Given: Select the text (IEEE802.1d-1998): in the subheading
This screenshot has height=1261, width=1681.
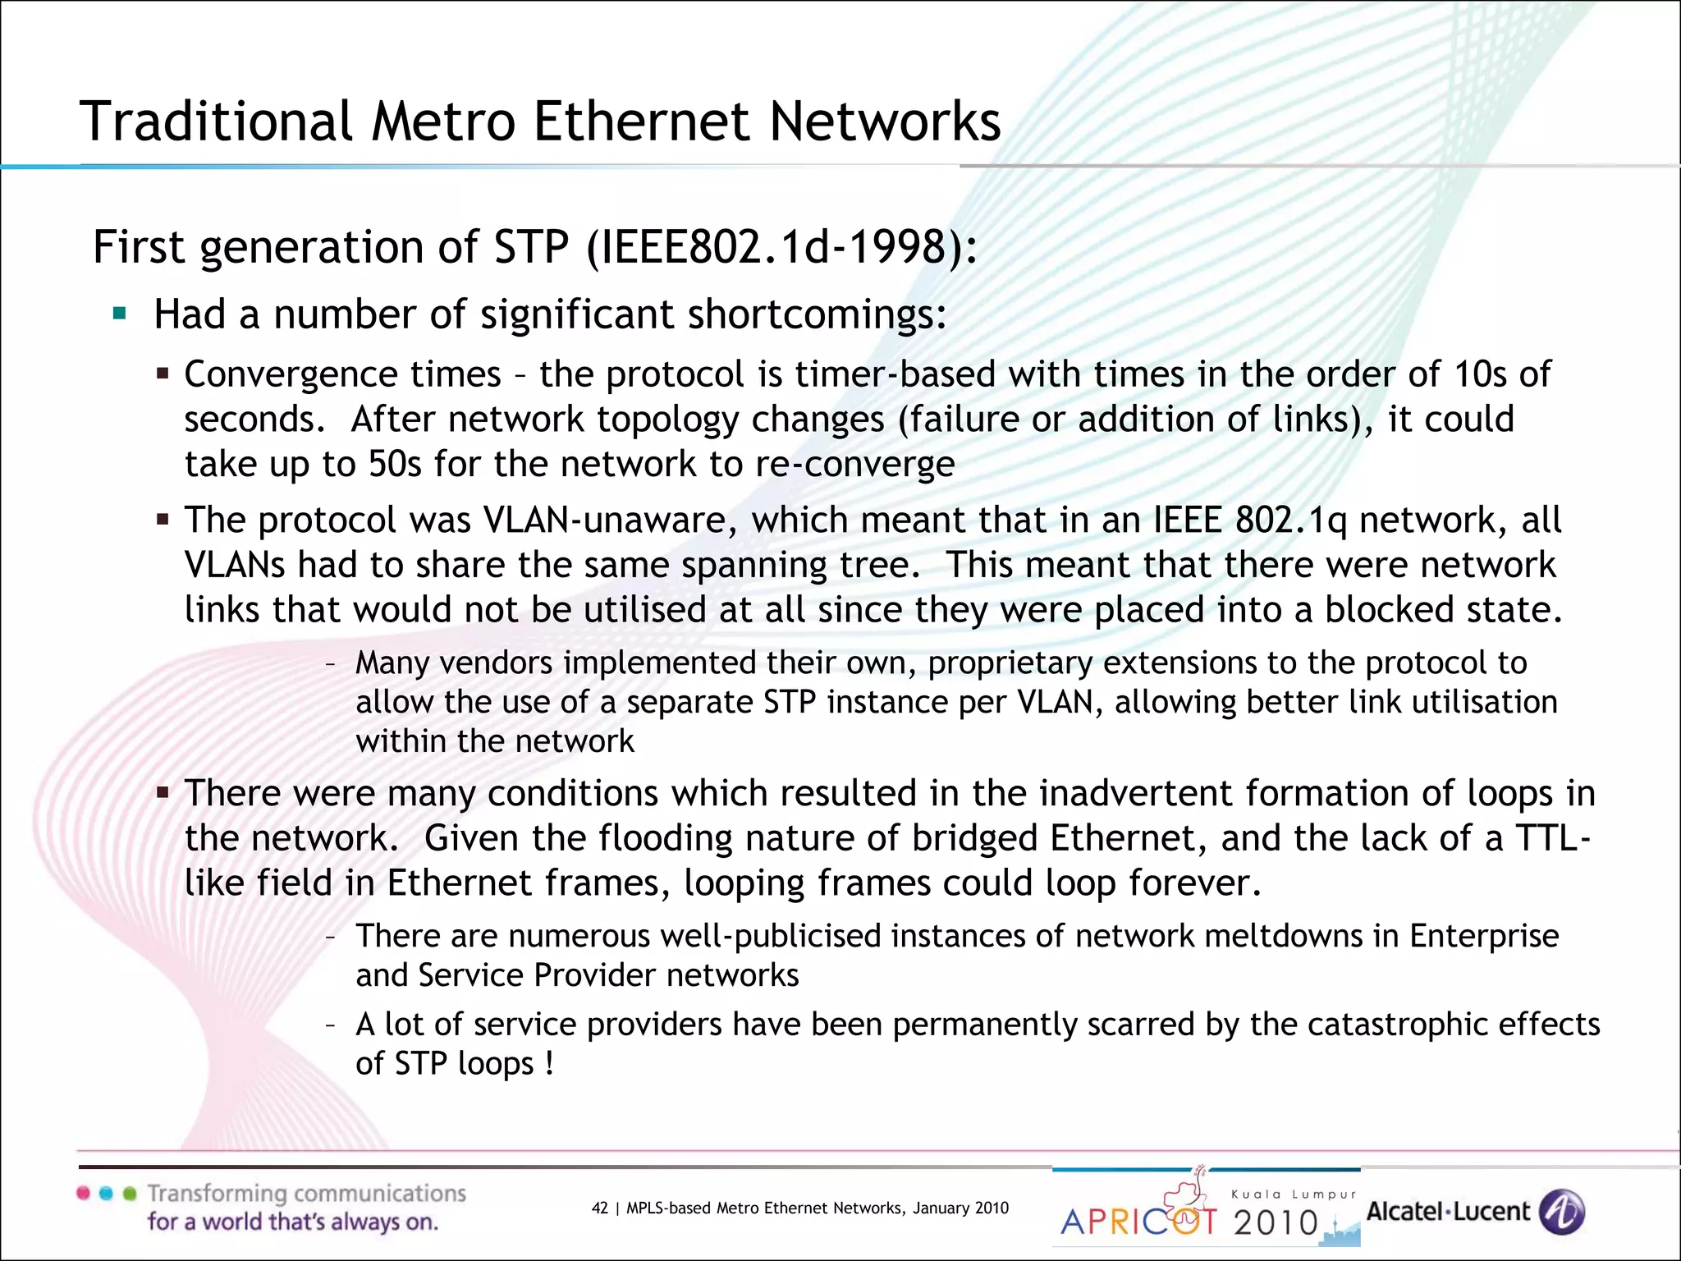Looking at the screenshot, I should click(781, 247).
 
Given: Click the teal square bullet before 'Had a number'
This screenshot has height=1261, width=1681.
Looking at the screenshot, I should click(120, 314).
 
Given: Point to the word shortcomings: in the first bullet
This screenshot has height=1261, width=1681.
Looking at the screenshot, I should click(817, 315).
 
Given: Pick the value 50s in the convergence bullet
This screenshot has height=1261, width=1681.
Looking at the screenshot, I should click(394, 465).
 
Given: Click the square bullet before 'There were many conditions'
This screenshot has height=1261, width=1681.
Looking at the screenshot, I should click(163, 794).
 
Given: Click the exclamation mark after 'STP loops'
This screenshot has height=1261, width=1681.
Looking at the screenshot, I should click(549, 1064).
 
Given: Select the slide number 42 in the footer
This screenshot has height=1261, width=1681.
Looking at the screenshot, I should click(600, 1208).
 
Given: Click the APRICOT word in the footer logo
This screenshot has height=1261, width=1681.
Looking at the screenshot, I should click(1138, 1222).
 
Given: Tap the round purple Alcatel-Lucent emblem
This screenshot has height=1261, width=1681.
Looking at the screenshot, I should click(1561, 1212).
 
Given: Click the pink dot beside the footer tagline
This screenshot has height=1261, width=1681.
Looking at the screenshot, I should click(83, 1193).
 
